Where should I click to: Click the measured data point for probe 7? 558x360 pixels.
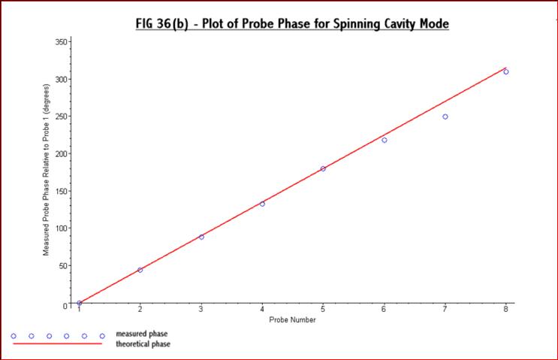coord(445,116)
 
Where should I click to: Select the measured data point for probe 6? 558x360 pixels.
coord(384,140)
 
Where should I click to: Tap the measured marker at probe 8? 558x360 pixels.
coord(505,71)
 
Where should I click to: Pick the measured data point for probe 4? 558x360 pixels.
coord(262,204)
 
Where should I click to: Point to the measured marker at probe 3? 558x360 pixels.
coord(201,237)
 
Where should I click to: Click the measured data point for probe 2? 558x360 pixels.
coord(140,270)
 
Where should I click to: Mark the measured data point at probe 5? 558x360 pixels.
coord(323,168)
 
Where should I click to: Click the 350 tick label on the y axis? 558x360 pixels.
coord(62,42)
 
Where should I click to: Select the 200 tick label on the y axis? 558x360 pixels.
coord(62,154)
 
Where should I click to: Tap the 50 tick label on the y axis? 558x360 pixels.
coord(65,265)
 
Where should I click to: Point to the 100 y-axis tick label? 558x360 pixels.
coord(62,228)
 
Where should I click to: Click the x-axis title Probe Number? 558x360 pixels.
coord(292,319)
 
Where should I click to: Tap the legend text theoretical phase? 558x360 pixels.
coord(143,344)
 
